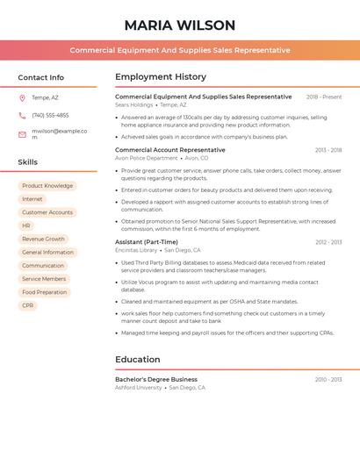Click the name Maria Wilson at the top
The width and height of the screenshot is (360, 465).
click(180, 25)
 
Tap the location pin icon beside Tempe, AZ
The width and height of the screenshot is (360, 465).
click(22, 98)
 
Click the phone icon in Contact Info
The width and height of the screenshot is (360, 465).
click(22, 115)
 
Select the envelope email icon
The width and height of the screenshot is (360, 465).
click(22, 134)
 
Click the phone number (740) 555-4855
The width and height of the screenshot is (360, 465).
click(50, 115)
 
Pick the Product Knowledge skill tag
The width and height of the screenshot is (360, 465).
click(47, 186)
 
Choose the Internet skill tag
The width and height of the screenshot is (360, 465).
click(32, 199)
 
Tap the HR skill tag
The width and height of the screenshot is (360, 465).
click(26, 225)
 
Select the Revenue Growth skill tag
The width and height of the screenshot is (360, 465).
click(44, 239)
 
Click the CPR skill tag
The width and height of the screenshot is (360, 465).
click(28, 305)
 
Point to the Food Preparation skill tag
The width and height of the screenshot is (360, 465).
click(45, 292)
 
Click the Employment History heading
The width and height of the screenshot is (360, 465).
click(161, 77)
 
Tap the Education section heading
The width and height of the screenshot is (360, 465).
click(138, 359)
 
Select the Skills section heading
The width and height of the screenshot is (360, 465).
click(28, 162)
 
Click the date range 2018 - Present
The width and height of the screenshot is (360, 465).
click(324, 97)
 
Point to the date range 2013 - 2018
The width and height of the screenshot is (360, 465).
click(328, 150)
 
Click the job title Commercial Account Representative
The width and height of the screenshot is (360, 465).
click(170, 150)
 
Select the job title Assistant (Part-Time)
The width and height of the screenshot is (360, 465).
click(147, 242)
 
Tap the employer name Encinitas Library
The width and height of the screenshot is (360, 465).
click(136, 250)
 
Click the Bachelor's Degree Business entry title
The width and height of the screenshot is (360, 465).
click(156, 380)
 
